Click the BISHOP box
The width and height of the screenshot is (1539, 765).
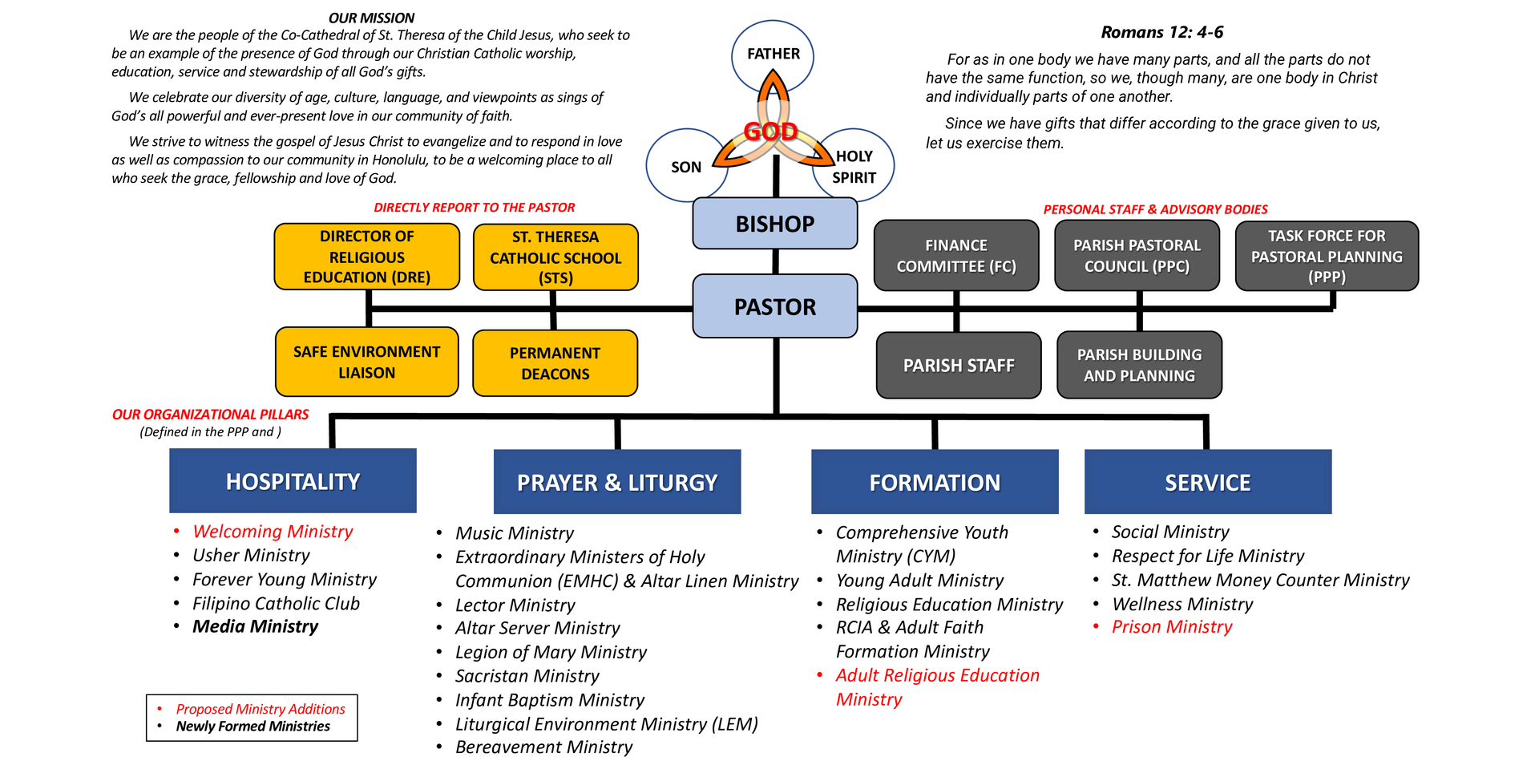pyautogui.click(x=775, y=223)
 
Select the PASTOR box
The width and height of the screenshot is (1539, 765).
pyautogui.click(x=775, y=306)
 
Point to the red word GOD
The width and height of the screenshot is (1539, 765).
pyautogui.click(x=770, y=132)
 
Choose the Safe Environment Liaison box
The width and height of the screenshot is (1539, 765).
pyautogui.click(x=367, y=362)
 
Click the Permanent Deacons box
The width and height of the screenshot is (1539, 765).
pyautogui.click(x=555, y=363)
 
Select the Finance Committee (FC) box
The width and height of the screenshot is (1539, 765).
pyautogui.click(x=956, y=256)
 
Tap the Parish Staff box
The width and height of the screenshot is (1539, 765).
pyautogui.click(x=959, y=366)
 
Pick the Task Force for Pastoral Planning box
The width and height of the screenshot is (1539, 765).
pyautogui.click(x=1327, y=256)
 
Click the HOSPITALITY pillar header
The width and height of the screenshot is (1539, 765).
pyautogui.click(x=293, y=481)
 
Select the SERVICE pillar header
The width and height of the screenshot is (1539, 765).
pyautogui.click(x=1208, y=482)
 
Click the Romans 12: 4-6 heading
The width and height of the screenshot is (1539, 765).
pyautogui.click(x=1162, y=32)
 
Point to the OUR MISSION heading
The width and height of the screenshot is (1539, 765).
pyautogui.click(x=371, y=18)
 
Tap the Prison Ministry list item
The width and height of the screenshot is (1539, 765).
pyautogui.click(x=1172, y=627)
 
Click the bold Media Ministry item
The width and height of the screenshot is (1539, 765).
pyautogui.click(x=255, y=626)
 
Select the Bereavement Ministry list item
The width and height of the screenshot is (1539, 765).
pyautogui.click(x=543, y=747)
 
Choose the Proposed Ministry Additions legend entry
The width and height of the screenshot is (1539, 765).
pyautogui.click(x=261, y=709)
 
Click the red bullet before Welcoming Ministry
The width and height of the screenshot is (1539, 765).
pyautogui.click(x=176, y=532)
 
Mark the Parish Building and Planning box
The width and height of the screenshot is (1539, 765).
pyautogui.click(x=1140, y=365)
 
